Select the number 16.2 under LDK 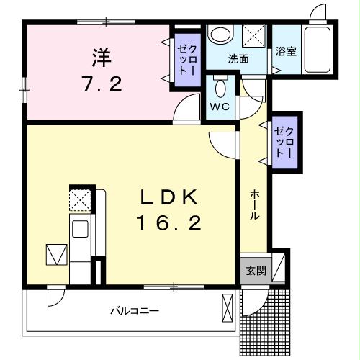(169, 223)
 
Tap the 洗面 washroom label (238, 59)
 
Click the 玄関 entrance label (256, 271)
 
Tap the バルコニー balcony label (135, 311)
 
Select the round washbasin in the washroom (220, 35)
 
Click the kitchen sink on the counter (79, 229)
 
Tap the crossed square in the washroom (253, 34)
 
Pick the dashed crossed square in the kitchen (79, 198)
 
